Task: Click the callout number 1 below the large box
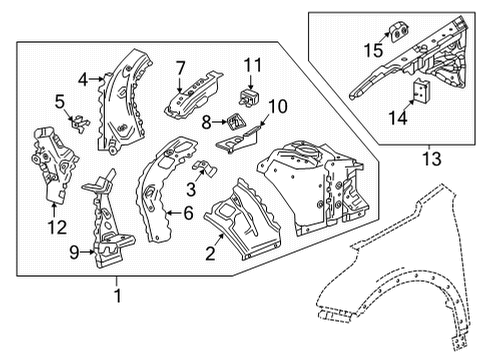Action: tap(117, 295)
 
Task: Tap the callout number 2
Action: tap(210, 254)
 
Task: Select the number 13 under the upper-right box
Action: tap(432, 158)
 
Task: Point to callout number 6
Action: tap(188, 213)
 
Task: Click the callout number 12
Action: tap(57, 228)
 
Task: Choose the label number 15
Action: tap(373, 50)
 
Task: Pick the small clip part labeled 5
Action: tap(80, 123)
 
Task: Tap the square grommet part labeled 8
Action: tap(236, 122)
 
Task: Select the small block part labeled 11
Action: tap(249, 97)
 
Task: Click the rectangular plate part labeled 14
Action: tap(421, 90)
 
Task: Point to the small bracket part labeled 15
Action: tap(398, 31)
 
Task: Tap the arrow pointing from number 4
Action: tap(97, 79)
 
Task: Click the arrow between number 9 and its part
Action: tap(88, 252)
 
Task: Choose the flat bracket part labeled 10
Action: tap(237, 141)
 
